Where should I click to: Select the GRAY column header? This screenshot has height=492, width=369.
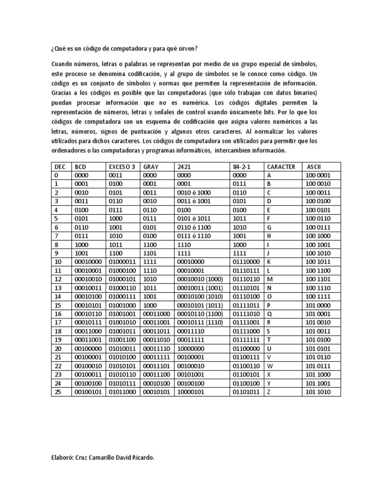click(x=151, y=167)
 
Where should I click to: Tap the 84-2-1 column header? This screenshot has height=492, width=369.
click(x=241, y=167)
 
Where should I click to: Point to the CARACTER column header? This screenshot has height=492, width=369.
click(x=282, y=167)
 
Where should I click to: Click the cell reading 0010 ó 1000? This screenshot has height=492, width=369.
click(x=194, y=193)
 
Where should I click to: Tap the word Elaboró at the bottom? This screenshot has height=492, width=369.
click(x=61, y=458)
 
